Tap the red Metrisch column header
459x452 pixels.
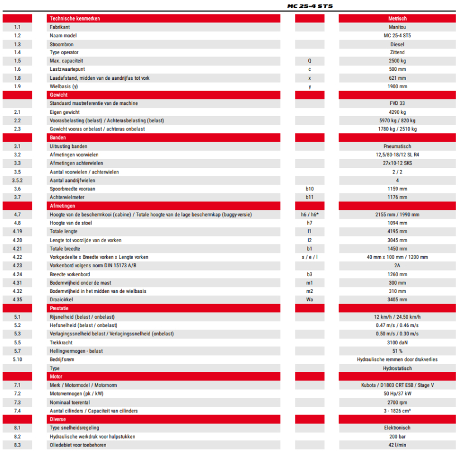(x=397, y=18)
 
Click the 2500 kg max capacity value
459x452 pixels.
(x=397, y=61)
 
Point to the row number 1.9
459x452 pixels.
(x=17, y=86)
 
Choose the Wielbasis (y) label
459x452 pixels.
(x=64, y=86)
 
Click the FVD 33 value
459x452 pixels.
(x=397, y=103)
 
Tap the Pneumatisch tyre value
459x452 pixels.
(x=397, y=146)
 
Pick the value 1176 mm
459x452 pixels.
(x=397, y=197)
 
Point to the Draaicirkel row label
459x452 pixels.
(x=61, y=299)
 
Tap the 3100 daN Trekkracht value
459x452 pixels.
(x=397, y=342)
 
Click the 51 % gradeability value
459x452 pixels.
(x=397, y=350)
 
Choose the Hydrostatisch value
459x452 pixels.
(x=397, y=368)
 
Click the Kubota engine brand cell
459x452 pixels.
(x=397, y=385)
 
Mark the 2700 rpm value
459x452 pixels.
(x=397, y=402)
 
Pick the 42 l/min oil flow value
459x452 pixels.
(x=397, y=445)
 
